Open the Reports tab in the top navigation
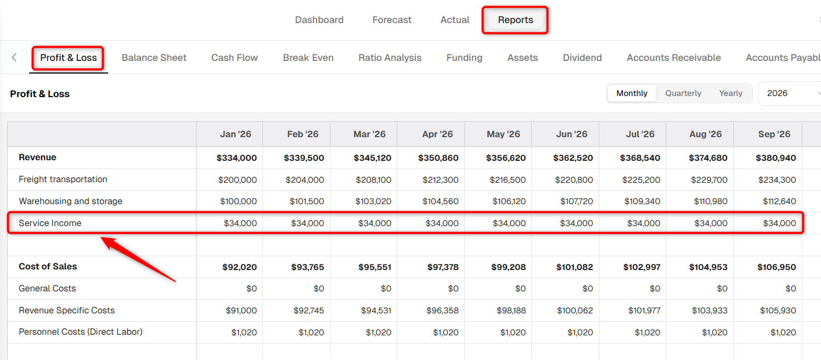[515, 20]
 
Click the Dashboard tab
[319, 20]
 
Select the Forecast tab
[392, 20]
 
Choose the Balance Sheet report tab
[154, 58]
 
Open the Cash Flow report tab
[234, 58]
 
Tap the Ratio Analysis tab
[390, 58]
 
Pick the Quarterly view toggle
[683, 93]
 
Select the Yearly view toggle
[731, 93]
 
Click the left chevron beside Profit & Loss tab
[14, 57]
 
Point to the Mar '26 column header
[369, 134]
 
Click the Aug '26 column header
[706, 134]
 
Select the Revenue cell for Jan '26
[237, 158]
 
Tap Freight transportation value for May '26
[508, 180]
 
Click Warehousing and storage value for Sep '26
[779, 201]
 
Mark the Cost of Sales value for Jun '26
[575, 267]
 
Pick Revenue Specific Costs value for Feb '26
[308, 311]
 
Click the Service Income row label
[50, 223]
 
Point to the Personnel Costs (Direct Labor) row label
[81, 332]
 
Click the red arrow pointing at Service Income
[138, 259]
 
